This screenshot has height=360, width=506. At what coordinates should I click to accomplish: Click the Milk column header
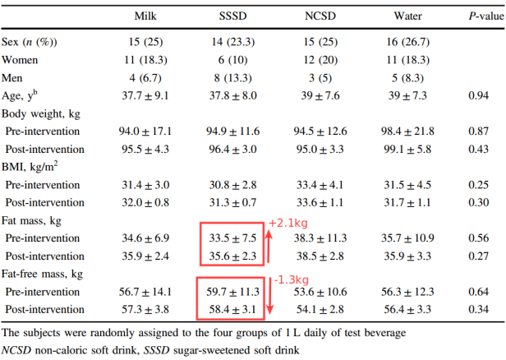[147, 16]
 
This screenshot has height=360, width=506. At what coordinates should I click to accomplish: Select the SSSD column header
[233, 16]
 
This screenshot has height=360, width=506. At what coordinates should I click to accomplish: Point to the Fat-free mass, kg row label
[43, 273]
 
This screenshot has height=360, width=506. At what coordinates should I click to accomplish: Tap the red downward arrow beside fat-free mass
[272, 300]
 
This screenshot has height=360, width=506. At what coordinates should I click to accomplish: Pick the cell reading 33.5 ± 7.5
[232, 238]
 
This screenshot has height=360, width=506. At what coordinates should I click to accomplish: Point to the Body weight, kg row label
[37, 113]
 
